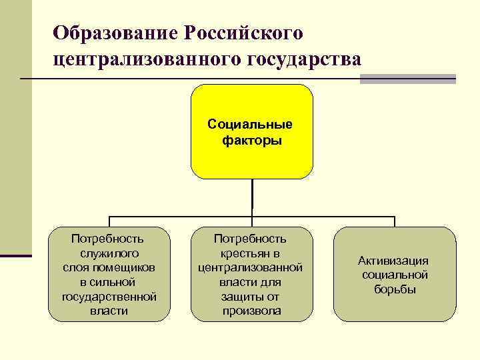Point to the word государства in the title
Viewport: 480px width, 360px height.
tap(305, 60)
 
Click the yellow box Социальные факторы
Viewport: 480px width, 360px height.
tap(252, 131)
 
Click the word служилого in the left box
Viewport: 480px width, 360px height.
tap(109, 253)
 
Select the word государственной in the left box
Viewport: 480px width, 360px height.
tap(109, 296)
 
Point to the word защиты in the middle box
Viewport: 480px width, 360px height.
tap(243, 296)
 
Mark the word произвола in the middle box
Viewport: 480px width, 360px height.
tap(251, 311)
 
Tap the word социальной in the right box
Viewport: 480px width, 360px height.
tap(394, 275)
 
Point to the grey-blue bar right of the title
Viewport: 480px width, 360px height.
tap(407, 79)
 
